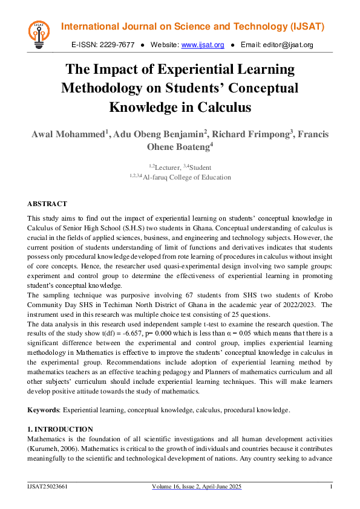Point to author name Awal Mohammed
click(68, 134)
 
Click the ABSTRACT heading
click(47, 204)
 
